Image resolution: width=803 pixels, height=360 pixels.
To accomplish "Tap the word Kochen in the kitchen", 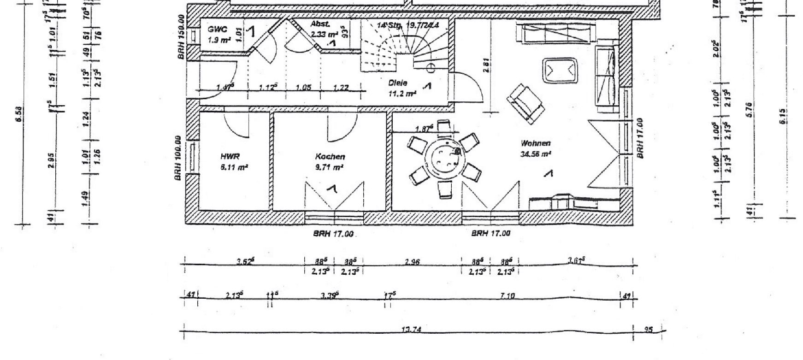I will click(330, 157).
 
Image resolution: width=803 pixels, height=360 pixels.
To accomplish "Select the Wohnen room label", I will click(536, 144).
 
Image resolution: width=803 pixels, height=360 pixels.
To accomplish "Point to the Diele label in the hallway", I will click(398, 83).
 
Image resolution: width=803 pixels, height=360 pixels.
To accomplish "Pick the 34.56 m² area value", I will click(536, 155).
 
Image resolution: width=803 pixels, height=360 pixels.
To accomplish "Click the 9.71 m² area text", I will click(330, 168).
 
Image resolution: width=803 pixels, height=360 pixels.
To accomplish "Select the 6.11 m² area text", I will click(234, 168).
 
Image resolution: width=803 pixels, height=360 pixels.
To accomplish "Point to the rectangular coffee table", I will click(560, 71).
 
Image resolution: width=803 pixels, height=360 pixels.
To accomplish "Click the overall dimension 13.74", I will click(412, 330).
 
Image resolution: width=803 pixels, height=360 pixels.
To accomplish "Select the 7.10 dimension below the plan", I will click(507, 296).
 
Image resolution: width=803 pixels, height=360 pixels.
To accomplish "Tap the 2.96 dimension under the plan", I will click(412, 262).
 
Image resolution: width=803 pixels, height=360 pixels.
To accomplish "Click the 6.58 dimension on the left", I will click(20, 114).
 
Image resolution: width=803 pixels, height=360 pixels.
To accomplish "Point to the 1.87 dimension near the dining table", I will click(424, 129).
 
